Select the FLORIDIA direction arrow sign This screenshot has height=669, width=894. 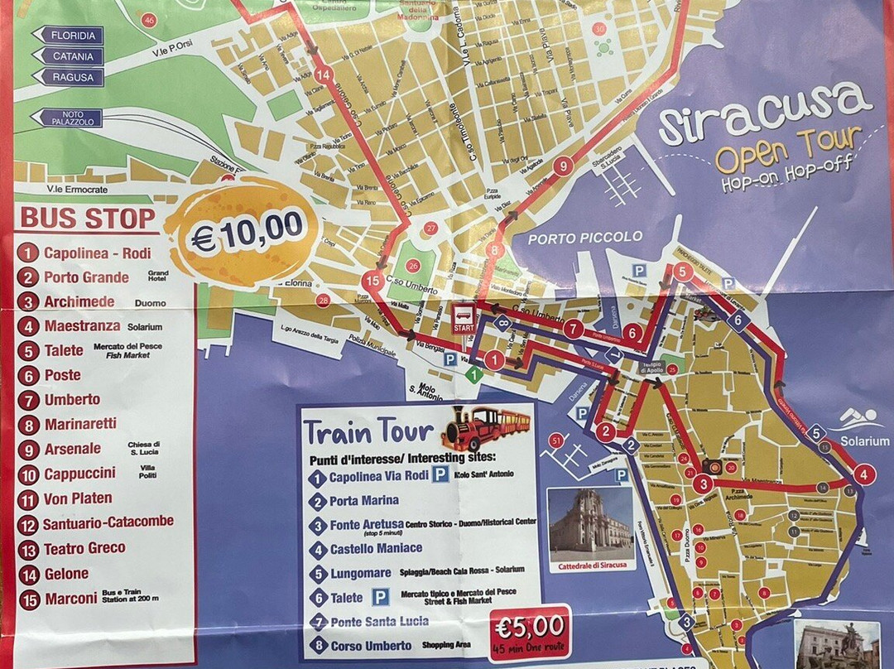click(68, 36)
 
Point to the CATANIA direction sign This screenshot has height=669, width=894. click(68, 56)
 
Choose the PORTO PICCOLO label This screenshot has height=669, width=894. click(585, 237)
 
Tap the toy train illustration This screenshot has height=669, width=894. click(486, 426)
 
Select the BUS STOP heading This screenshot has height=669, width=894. click(88, 219)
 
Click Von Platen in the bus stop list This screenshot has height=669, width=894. click(79, 499)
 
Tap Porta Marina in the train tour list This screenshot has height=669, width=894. click(363, 500)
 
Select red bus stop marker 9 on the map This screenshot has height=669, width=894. click(564, 166)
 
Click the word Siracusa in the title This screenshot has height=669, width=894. click(766, 116)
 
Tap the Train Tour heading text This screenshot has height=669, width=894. click(368, 431)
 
